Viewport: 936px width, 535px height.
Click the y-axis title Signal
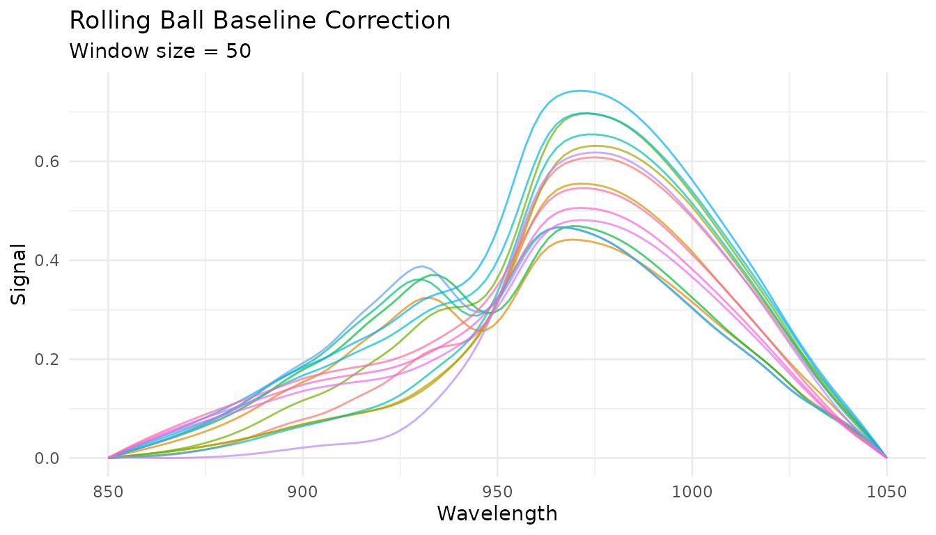pos(19,274)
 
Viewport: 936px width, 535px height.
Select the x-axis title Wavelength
pos(497,514)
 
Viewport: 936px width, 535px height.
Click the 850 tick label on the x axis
pos(108,493)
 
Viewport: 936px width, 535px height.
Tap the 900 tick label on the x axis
pos(303,493)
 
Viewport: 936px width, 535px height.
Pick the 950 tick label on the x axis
pos(497,493)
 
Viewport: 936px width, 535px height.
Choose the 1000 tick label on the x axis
pos(692,493)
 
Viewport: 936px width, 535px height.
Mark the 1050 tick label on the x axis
pos(887,493)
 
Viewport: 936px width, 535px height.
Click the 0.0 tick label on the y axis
pos(48,458)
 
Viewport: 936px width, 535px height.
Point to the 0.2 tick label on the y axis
pos(48,359)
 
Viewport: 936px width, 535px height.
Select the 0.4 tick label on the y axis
pos(48,261)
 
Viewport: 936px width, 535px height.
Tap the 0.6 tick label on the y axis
pos(48,162)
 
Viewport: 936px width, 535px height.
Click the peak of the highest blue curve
pos(579,91)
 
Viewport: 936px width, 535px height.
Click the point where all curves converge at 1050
pos(887,458)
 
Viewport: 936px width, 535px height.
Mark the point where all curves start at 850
pos(108,458)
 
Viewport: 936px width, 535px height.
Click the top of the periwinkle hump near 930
pos(422,266)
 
